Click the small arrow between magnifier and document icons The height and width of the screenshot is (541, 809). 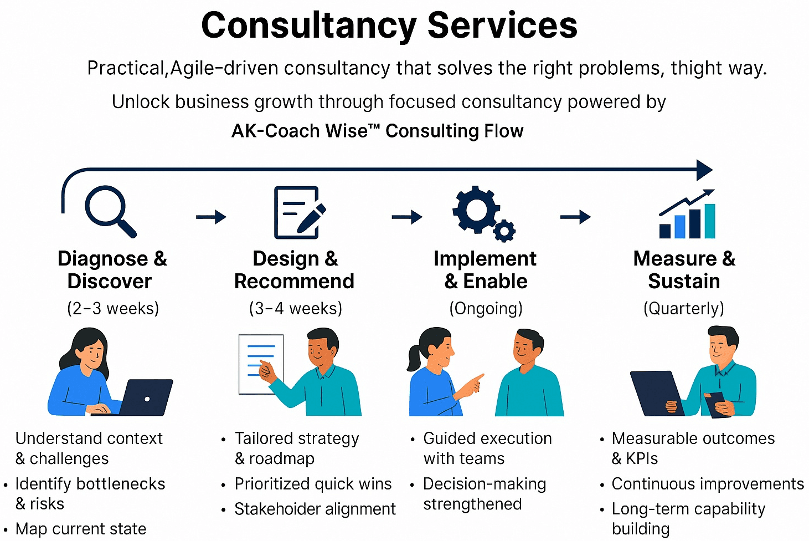(212, 216)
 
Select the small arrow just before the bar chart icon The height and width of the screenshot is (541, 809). (575, 216)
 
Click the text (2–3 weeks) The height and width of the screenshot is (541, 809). (113, 308)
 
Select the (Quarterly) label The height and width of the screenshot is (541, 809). (684, 308)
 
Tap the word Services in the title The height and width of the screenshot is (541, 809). (502, 25)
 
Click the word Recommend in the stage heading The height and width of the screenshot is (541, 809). (294, 282)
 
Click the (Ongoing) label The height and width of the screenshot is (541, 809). (486, 308)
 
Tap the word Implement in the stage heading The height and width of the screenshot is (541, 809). (485, 259)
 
